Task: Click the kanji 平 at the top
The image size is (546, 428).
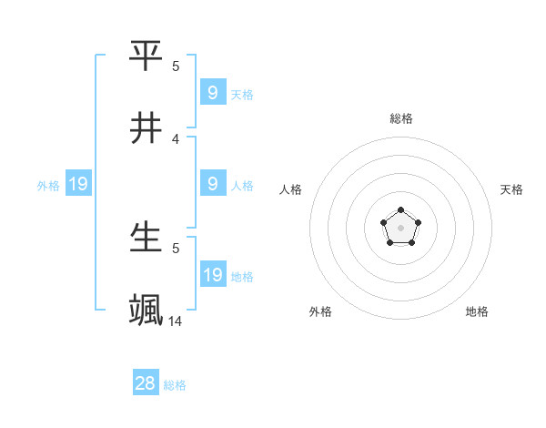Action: pyautogui.click(x=147, y=56)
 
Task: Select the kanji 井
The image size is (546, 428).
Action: pyautogui.click(x=147, y=128)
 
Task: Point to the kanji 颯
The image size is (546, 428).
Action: pyautogui.click(x=147, y=311)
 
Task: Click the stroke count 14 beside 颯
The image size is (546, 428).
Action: pyautogui.click(x=176, y=321)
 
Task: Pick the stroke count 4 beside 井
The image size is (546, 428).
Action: pyautogui.click(x=176, y=138)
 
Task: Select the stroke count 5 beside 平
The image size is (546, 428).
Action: pyautogui.click(x=176, y=66)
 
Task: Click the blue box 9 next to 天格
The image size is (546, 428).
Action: pyautogui.click(x=213, y=93)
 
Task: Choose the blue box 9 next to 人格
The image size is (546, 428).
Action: pyautogui.click(x=213, y=184)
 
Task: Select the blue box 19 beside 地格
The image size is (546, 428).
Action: pyautogui.click(x=213, y=275)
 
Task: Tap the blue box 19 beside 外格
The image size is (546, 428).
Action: pyautogui.click(x=78, y=185)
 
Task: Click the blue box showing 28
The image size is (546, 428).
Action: pyautogui.click(x=146, y=383)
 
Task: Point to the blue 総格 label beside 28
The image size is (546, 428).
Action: pyautogui.click(x=175, y=385)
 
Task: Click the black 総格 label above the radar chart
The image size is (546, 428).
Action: pyautogui.click(x=401, y=118)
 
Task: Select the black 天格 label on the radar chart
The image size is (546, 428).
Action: pyautogui.click(x=512, y=189)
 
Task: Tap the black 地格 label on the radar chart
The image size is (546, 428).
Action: pyautogui.click(x=477, y=311)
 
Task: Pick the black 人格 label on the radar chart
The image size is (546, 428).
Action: pyautogui.click(x=290, y=189)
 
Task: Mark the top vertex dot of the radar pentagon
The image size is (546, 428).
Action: pyautogui.click(x=401, y=210)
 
